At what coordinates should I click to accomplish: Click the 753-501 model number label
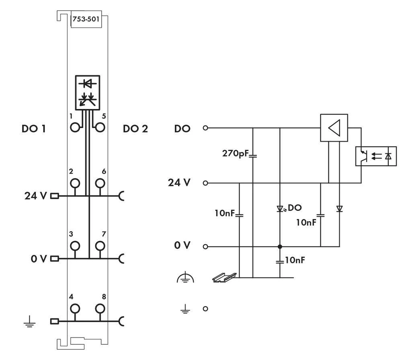[x=85, y=19]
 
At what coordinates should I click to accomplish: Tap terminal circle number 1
[x=74, y=128]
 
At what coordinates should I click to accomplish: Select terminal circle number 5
[x=100, y=128]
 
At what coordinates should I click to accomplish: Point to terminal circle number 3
[x=74, y=246]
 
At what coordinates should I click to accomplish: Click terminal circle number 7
[x=100, y=246]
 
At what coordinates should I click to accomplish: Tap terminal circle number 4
[x=74, y=309]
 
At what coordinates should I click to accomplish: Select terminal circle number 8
[x=100, y=309]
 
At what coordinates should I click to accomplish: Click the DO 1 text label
[x=34, y=129]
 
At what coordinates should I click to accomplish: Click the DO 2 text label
[x=135, y=129]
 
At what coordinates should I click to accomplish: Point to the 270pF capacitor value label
[x=236, y=153]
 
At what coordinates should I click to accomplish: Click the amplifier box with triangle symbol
[x=334, y=128]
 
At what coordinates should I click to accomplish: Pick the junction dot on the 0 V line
[x=280, y=246]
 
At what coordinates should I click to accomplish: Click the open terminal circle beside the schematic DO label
[x=206, y=128]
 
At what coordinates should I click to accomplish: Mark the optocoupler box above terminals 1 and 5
[x=87, y=92]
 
